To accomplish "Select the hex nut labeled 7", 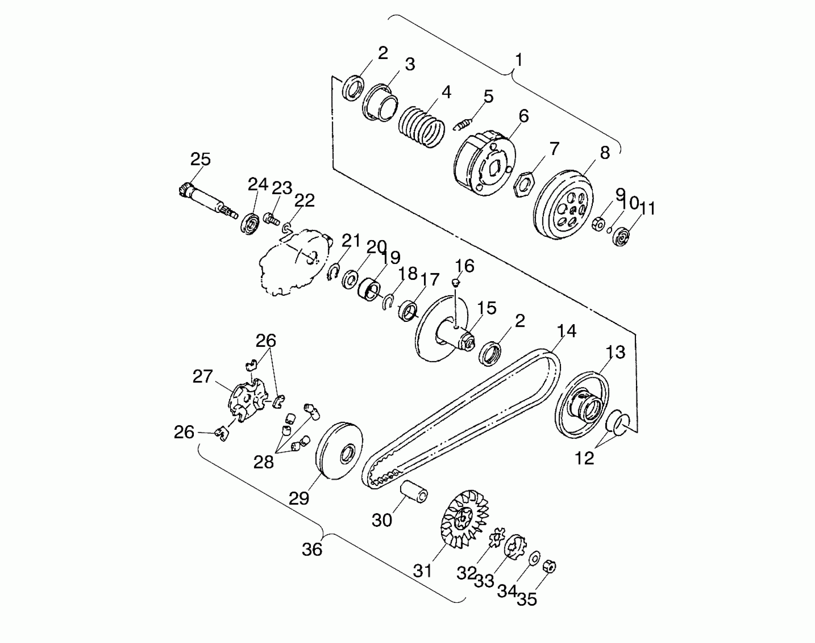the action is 524,184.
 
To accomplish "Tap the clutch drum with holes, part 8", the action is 565,204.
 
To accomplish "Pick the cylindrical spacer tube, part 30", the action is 414,491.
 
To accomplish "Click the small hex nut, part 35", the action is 550,566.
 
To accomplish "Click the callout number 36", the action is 312,549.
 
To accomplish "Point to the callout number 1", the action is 519,60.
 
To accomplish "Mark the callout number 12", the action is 584,458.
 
